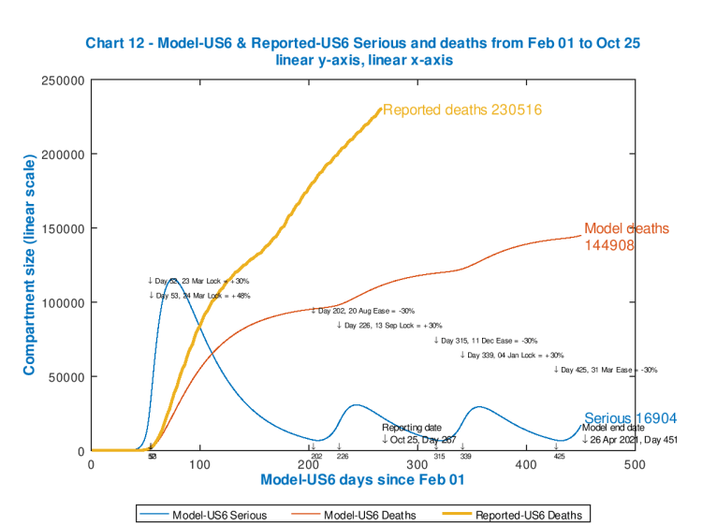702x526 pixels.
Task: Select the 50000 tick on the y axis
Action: [67, 377]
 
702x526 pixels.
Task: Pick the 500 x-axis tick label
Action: [635, 464]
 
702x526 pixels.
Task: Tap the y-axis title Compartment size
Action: [29, 268]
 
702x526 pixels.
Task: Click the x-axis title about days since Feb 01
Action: [362, 479]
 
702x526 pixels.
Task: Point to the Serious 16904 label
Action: [630, 418]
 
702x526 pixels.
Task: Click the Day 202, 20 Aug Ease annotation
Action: [363, 311]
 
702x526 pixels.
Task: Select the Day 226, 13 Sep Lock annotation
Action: [388, 326]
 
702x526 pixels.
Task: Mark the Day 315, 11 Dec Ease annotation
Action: [486, 341]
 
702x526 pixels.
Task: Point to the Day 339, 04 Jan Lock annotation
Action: [512, 356]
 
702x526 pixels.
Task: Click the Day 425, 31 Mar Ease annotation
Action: [606, 370]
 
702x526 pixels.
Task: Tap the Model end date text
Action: [613, 427]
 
